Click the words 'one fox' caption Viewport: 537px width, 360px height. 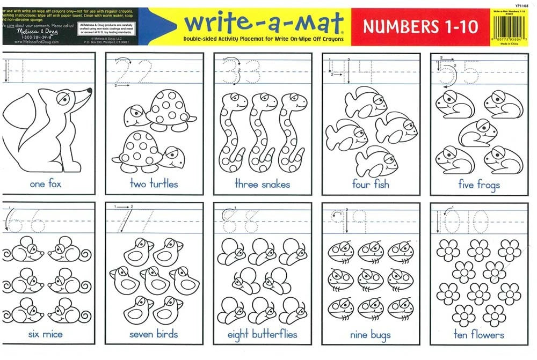(x=46, y=184)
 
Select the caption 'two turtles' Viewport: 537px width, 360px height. (x=154, y=184)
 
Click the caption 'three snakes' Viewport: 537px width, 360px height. (x=262, y=184)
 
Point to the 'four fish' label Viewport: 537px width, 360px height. (x=371, y=184)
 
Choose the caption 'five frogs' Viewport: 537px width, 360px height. (x=479, y=185)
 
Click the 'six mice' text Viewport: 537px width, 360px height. (x=46, y=334)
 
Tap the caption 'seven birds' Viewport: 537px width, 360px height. (x=154, y=334)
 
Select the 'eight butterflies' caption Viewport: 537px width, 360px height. (x=262, y=335)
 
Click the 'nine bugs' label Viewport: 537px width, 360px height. (x=371, y=335)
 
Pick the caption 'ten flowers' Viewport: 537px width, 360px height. (x=479, y=334)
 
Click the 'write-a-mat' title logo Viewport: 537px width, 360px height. (x=263, y=23)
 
